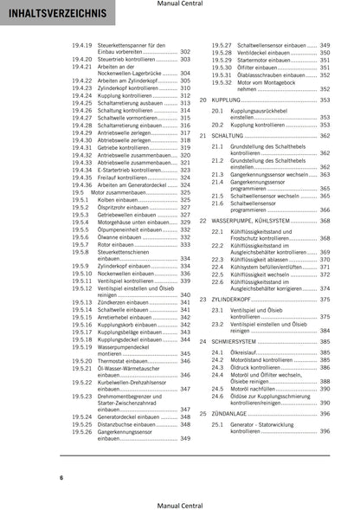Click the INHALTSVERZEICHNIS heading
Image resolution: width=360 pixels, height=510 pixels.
(x=54, y=15)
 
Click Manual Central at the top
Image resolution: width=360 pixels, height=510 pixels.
(x=180, y=4)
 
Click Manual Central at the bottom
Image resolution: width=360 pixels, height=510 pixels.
(x=180, y=503)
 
